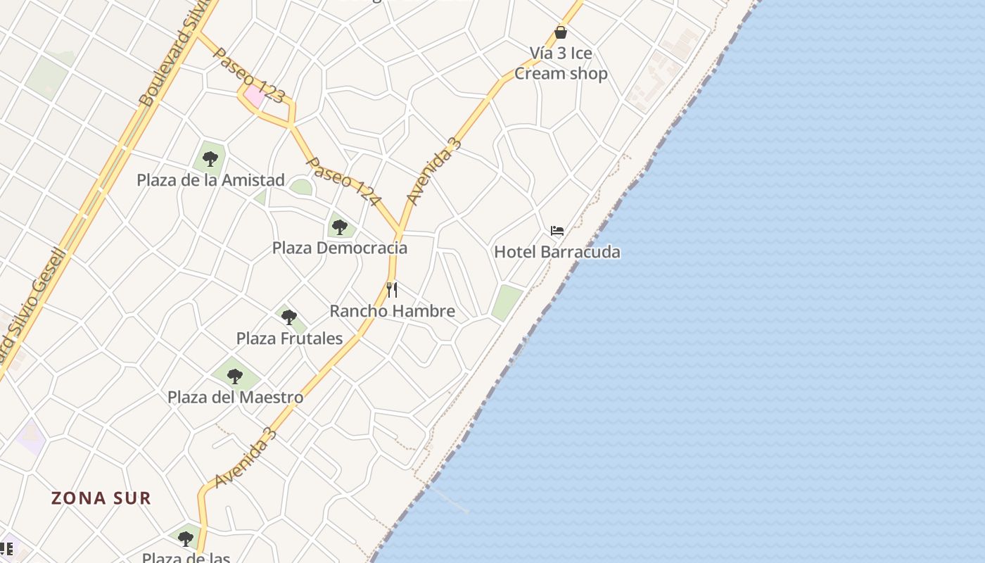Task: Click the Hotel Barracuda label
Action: [557, 252]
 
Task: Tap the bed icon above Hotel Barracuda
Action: [557, 231]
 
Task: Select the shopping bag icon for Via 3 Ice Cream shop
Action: [561, 32]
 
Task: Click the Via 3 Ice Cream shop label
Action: [561, 63]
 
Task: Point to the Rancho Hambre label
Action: [392, 311]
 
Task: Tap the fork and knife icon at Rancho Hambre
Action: [392, 289]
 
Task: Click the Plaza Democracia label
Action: [340, 248]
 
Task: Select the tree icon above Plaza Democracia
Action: [340, 227]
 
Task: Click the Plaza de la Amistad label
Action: [210, 180]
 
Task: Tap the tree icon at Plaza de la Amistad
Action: [210, 159]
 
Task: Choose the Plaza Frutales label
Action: [289, 339]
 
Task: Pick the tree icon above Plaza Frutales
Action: [288, 317]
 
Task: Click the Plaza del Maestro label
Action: [235, 398]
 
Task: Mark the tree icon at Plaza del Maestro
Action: [235, 377]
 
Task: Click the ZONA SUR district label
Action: [101, 498]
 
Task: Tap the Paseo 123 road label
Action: [248, 75]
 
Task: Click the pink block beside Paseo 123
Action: [254, 96]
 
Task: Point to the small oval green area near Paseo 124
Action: [301, 187]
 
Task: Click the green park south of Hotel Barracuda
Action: [507, 303]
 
